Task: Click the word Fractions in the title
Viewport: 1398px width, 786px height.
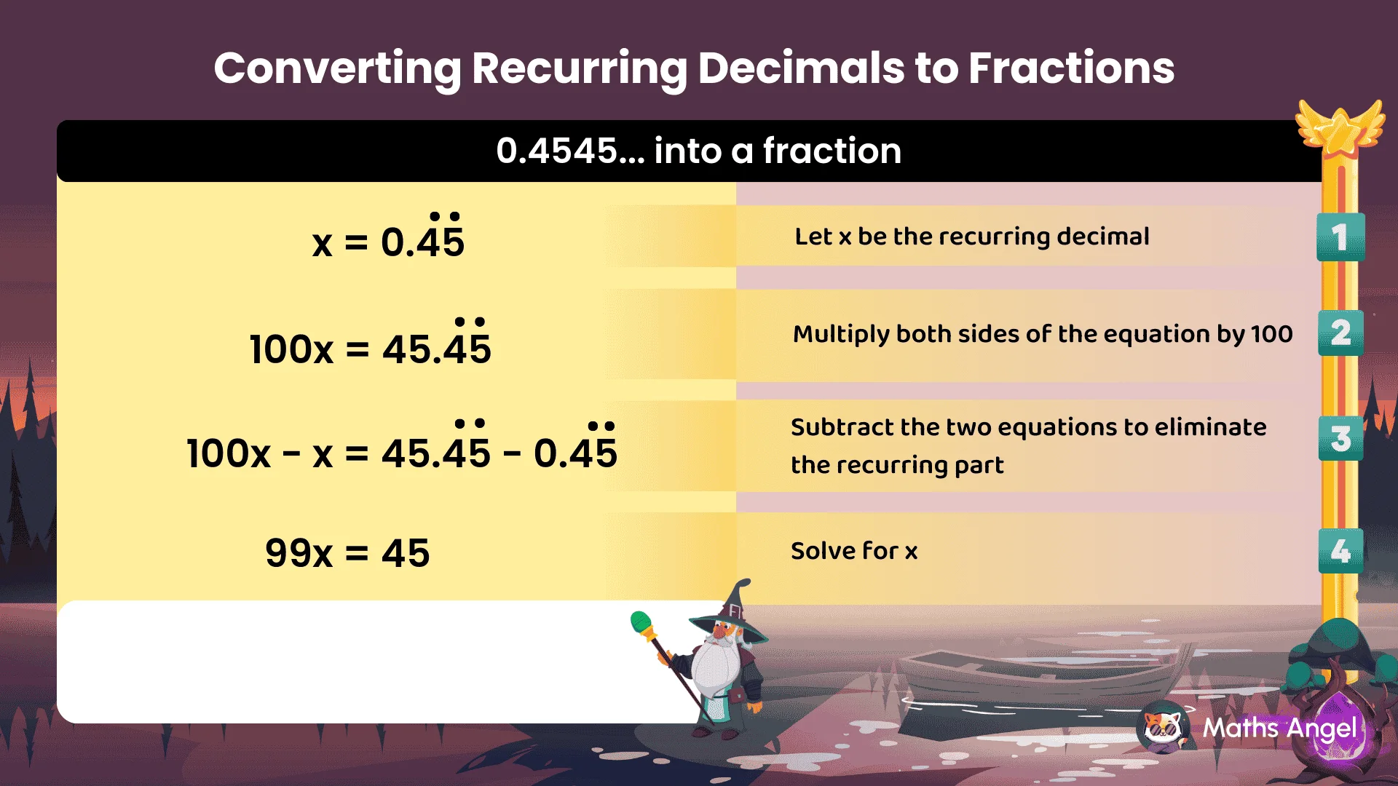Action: (1071, 68)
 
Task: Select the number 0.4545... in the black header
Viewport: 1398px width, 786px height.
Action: (570, 151)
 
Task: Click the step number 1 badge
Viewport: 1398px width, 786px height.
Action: (1340, 237)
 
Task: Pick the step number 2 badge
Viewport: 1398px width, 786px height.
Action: (1340, 333)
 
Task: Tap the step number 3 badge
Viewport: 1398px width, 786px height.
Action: (1340, 439)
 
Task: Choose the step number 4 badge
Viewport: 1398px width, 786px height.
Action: (1340, 551)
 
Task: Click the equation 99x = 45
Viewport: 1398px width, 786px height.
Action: (347, 554)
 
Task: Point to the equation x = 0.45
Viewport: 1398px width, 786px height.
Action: (388, 242)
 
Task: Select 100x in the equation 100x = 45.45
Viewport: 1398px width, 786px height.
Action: (291, 350)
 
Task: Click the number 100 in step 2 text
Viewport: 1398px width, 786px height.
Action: (1271, 334)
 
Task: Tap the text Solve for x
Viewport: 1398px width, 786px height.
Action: (854, 551)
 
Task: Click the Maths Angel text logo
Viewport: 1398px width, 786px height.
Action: (1279, 728)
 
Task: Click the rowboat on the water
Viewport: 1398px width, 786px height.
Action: (1034, 677)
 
